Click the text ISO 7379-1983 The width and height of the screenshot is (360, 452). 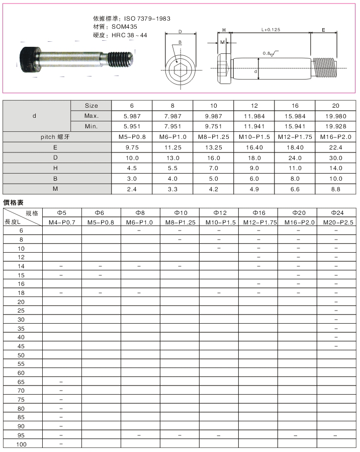pyautogui.click(x=147, y=19)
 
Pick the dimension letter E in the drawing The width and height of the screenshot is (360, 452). pyautogui.click(x=323, y=30)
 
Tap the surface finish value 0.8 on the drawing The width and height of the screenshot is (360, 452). pyautogui.click(x=266, y=53)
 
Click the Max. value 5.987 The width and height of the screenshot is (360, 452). pyautogui.click(x=132, y=116)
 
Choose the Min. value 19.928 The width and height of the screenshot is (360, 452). pyautogui.click(x=335, y=126)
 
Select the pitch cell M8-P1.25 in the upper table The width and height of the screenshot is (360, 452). pyautogui.click(x=213, y=137)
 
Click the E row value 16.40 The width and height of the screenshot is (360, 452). pyautogui.click(x=254, y=147)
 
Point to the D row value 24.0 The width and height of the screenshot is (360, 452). pyautogui.click(x=295, y=158)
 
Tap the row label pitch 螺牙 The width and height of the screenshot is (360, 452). pyautogui.click(x=57, y=137)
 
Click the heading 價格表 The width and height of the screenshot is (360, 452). pyautogui.click(x=14, y=202)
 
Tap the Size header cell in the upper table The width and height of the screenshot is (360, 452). pyautogui.click(x=91, y=106)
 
